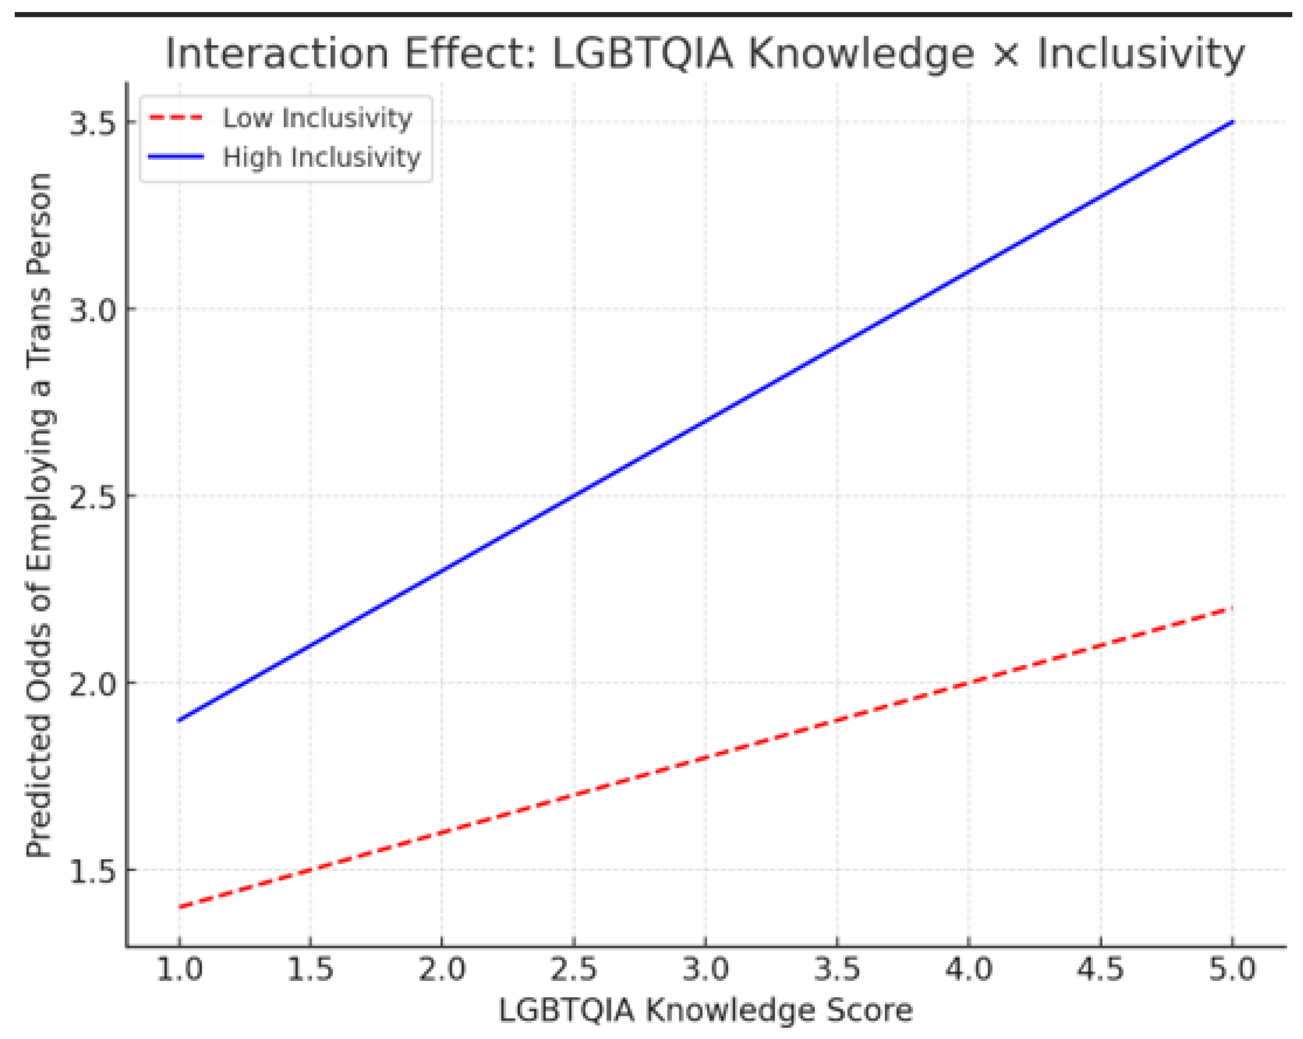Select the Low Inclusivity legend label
click(317, 118)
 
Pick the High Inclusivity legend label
click(322, 158)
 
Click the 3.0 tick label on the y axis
click(92, 310)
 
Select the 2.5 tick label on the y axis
click(92, 496)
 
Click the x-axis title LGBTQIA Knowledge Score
click(705, 1010)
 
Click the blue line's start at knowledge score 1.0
click(180, 721)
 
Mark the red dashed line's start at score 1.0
click(180, 907)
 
